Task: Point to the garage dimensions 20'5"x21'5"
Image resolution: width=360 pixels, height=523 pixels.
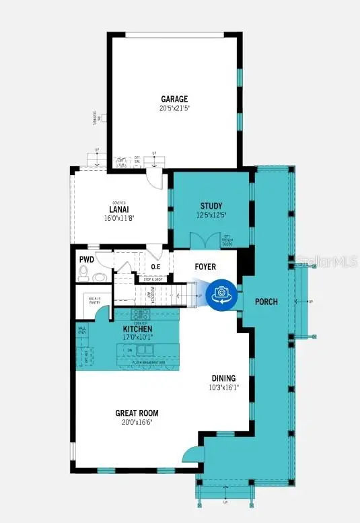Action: coord(174,108)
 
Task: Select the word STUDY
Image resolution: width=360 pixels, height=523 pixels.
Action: coord(211,206)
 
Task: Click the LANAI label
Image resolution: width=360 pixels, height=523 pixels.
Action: coord(118,209)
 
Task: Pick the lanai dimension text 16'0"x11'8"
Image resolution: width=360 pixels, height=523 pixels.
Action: coord(118,218)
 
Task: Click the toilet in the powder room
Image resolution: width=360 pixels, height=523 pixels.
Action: coord(84,273)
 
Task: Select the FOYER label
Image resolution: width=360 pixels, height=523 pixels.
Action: coord(205,267)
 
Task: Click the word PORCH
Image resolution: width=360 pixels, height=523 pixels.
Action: coord(266,302)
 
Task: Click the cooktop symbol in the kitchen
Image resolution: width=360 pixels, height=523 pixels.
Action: coord(141,314)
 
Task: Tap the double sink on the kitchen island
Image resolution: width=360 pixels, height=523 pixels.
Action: coord(144,350)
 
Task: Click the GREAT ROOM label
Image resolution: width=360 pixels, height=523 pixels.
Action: coord(137,413)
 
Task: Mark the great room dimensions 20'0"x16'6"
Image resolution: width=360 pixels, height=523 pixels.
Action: coord(137,423)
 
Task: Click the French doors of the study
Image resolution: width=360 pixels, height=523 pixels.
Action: coord(205,240)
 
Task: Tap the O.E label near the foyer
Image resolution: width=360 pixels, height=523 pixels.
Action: coord(155,267)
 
